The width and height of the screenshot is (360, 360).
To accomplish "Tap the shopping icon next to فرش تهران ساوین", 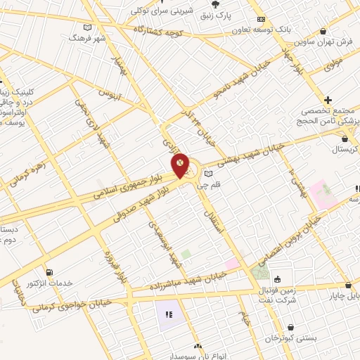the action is pos(323,31).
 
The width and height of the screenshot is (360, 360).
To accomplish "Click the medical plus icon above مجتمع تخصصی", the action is pos(328,100).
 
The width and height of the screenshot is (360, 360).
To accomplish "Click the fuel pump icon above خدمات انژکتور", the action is pos(48,272).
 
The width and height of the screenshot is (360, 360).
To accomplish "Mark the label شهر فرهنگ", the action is pos(86,37).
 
